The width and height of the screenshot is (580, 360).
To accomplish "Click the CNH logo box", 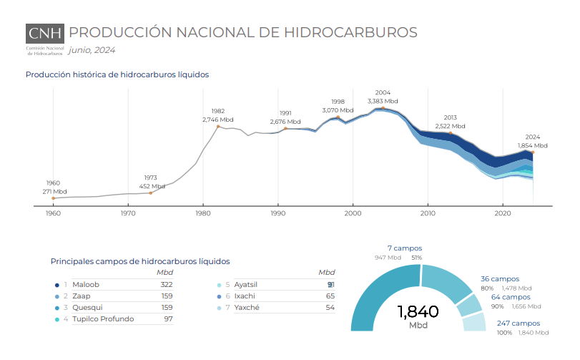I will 45,33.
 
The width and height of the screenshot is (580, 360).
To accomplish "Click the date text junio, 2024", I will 92,50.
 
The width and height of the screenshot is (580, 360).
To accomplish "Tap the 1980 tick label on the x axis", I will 203,213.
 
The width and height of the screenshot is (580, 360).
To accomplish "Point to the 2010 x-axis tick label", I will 428,213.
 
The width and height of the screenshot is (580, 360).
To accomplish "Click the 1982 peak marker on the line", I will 218,127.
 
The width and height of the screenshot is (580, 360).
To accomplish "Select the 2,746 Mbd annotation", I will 218,120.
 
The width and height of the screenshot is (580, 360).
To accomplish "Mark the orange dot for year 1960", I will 53,198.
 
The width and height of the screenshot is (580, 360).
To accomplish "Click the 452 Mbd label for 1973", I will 150,185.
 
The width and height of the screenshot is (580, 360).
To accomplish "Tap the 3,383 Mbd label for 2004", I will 383,101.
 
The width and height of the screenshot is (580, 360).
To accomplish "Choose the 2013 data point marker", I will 451,133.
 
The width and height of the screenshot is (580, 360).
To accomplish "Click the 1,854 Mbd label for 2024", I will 532,145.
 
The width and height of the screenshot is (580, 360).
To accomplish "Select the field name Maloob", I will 86,284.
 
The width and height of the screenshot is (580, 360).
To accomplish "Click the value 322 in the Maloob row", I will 167,284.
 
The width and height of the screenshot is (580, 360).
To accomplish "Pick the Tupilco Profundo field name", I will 103,318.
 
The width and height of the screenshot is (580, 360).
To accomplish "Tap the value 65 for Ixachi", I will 330,296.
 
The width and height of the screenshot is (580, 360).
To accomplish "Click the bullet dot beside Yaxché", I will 218,307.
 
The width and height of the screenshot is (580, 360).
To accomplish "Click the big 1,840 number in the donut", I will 418,311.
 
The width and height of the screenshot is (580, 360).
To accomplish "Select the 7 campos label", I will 405,248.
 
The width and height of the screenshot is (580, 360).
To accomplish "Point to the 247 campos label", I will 518,323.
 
